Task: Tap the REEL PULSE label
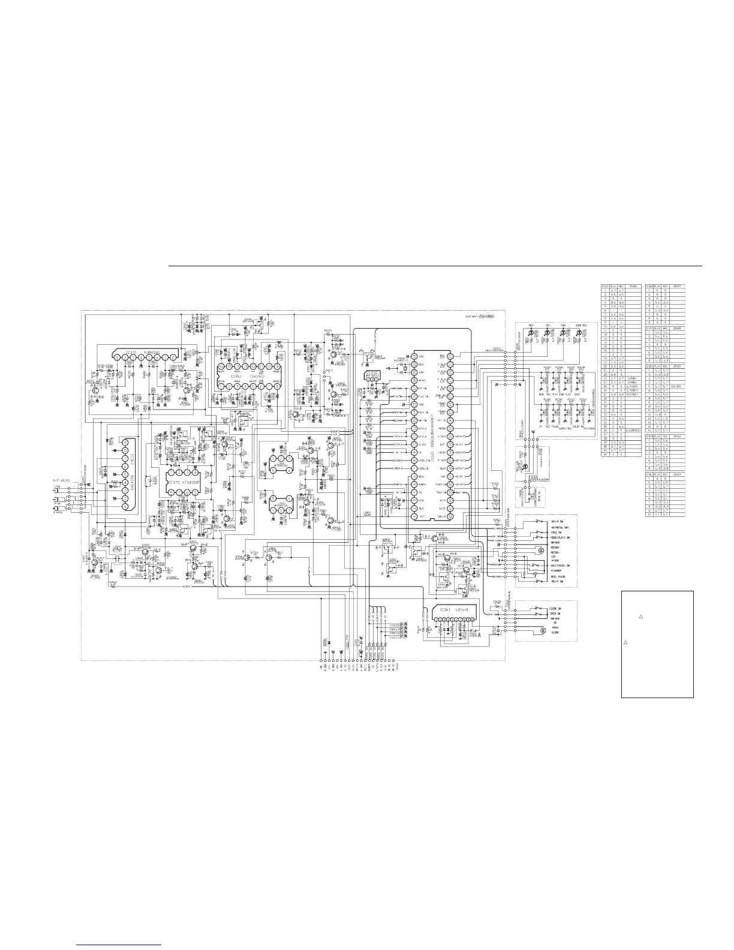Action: (559, 577)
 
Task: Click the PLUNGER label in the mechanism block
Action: (558, 571)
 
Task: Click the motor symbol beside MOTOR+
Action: (542, 550)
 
